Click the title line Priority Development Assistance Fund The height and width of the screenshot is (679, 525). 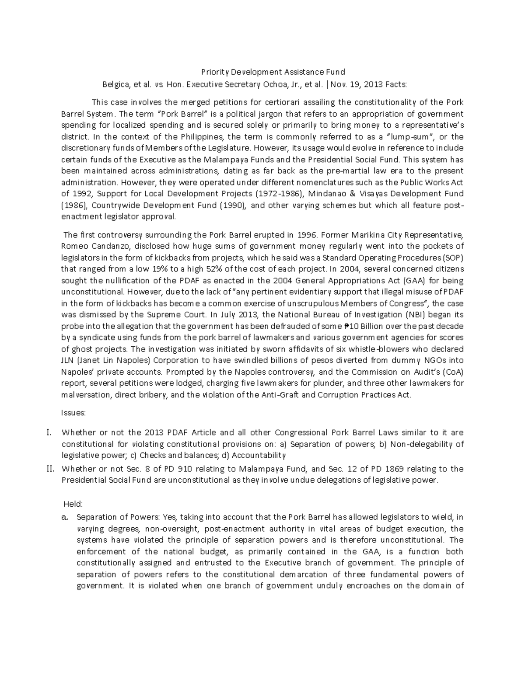coord(273,72)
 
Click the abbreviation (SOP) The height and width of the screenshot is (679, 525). coord(452,257)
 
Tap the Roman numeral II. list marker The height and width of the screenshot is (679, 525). coord(49,469)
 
